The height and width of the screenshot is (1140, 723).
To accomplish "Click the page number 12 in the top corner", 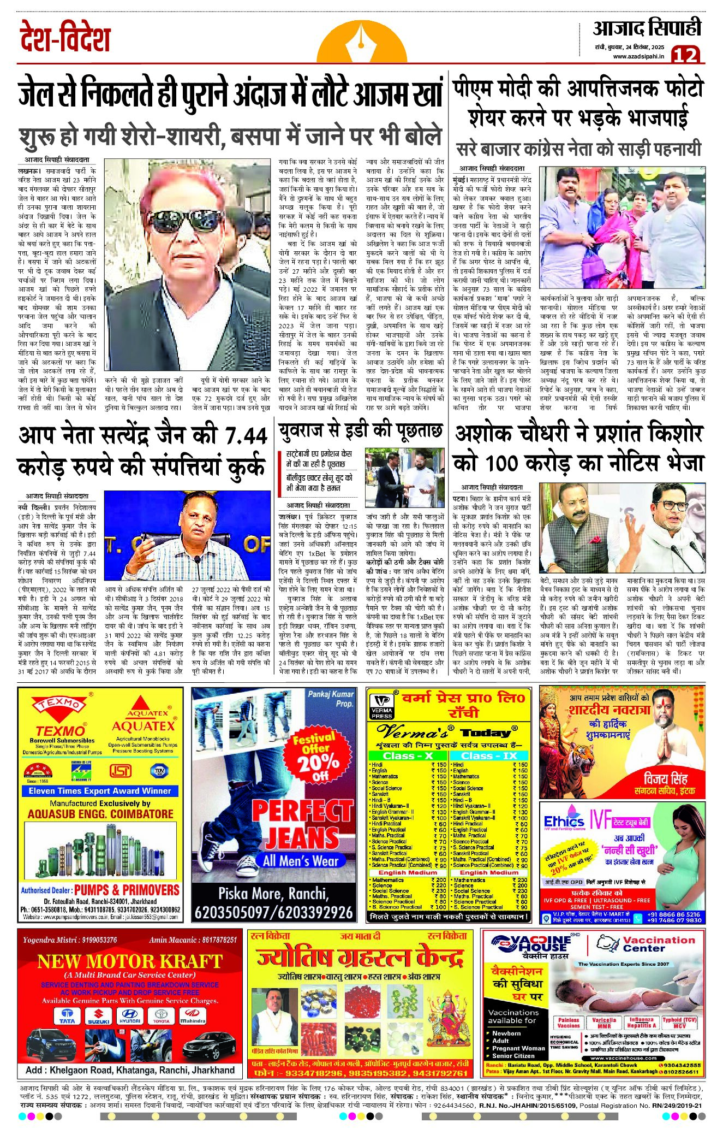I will [685, 55].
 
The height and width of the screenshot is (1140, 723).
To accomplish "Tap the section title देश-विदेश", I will [65, 38].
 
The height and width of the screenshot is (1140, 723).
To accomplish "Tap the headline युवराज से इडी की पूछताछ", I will [360, 432].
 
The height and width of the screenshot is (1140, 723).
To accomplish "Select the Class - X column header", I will [407, 755].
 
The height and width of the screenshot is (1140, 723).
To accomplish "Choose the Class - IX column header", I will [488, 755].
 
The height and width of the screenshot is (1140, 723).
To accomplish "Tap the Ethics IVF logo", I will [565, 821].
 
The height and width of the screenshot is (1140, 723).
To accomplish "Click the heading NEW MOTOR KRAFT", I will [129, 961].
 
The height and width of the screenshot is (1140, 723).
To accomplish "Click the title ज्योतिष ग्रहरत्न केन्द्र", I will [360, 958].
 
